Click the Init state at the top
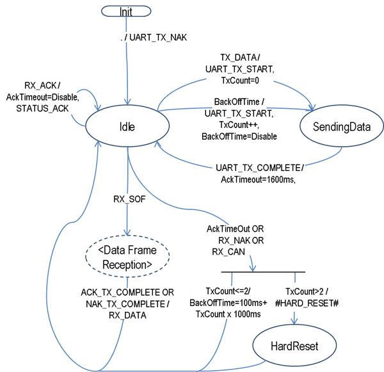(126, 11)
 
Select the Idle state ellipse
(127, 126)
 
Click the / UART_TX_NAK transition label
(155, 38)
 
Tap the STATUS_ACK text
(41, 108)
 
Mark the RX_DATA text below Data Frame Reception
(127, 315)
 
